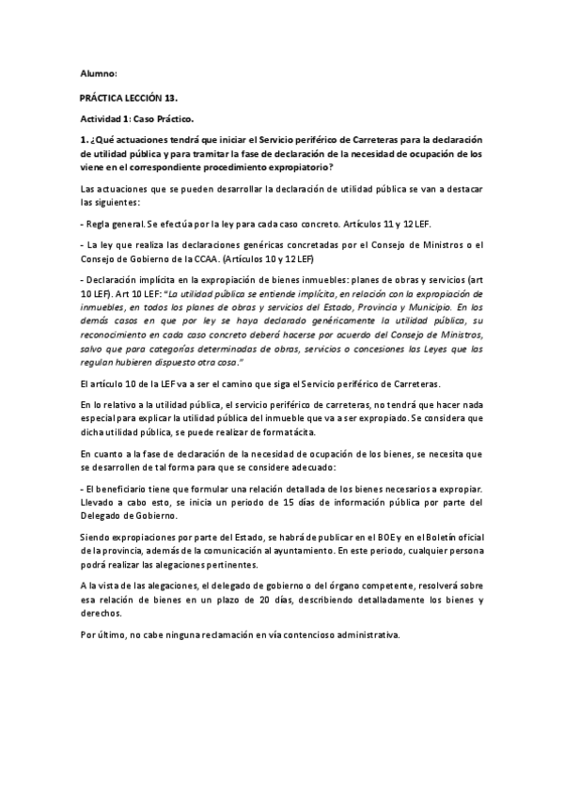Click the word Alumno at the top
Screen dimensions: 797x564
click(x=98, y=73)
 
